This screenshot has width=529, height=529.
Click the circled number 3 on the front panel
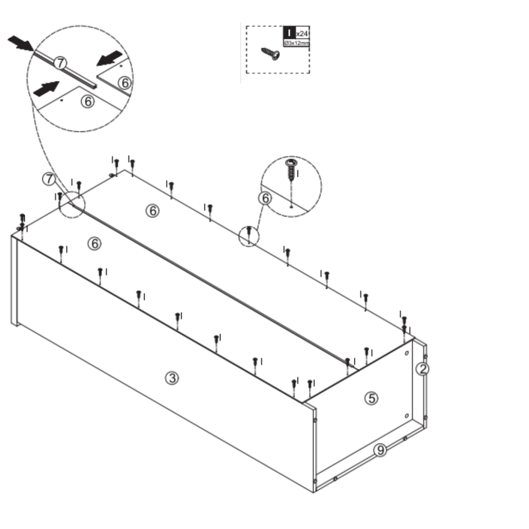[172, 378]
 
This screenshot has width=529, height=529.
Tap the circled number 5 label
[371, 398]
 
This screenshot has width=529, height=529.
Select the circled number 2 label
[423, 368]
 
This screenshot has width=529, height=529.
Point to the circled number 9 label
[380, 450]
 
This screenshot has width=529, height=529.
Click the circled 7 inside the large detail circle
[60, 64]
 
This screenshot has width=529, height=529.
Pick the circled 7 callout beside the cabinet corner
[49, 179]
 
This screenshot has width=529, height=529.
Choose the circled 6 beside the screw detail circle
[265, 198]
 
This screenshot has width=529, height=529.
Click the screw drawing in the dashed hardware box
[271, 53]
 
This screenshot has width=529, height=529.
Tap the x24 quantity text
[302, 34]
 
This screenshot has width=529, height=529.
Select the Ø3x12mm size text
[297, 43]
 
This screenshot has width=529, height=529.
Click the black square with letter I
[289, 33]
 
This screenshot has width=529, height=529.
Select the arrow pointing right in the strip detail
[45, 89]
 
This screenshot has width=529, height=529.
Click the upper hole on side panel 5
[407, 353]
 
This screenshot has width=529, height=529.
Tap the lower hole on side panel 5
[407, 416]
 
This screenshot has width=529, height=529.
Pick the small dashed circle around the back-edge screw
[248, 236]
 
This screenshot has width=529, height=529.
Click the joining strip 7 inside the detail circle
[77, 72]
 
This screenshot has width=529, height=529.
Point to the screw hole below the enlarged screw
[292, 206]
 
